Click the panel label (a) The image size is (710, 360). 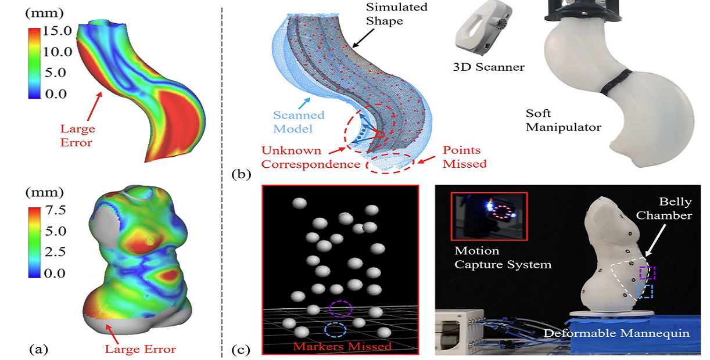[x=38, y=349]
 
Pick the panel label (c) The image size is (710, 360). [x=242, y=350]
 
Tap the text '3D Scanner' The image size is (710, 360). [x=489, y=67]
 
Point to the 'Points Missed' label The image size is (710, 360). [x=464, y=157]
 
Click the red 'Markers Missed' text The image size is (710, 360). [x=342, y=347]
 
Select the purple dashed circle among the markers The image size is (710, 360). [x=340, y=308]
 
